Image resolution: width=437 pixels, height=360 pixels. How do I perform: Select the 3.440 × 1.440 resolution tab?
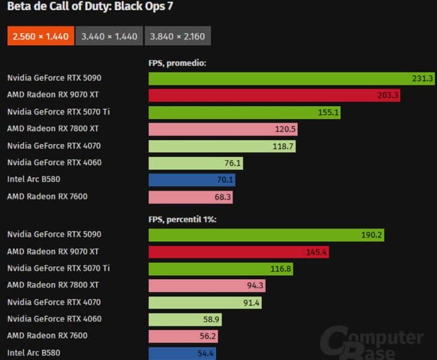(109, 36)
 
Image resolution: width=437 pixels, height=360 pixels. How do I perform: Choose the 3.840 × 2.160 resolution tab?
(178, 36)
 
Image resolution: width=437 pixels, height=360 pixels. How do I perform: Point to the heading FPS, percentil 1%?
(182, 220)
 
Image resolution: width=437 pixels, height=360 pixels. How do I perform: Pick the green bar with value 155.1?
(244, 112)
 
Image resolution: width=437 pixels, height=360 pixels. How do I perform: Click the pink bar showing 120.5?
(223, 129)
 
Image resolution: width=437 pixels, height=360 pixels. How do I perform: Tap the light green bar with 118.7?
(222, 146)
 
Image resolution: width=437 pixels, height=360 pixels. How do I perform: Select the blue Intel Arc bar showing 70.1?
(191, 179)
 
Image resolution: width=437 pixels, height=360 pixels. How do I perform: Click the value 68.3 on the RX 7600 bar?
(222, 196)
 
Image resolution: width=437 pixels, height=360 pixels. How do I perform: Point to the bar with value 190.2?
(266, 235)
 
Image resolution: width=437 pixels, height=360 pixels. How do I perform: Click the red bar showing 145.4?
(238, 252)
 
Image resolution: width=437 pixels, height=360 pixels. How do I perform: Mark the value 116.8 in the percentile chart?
(281, 269)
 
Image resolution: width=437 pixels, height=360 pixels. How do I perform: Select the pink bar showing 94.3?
(206, 286)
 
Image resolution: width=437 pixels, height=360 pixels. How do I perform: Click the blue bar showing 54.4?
(182, 353)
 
